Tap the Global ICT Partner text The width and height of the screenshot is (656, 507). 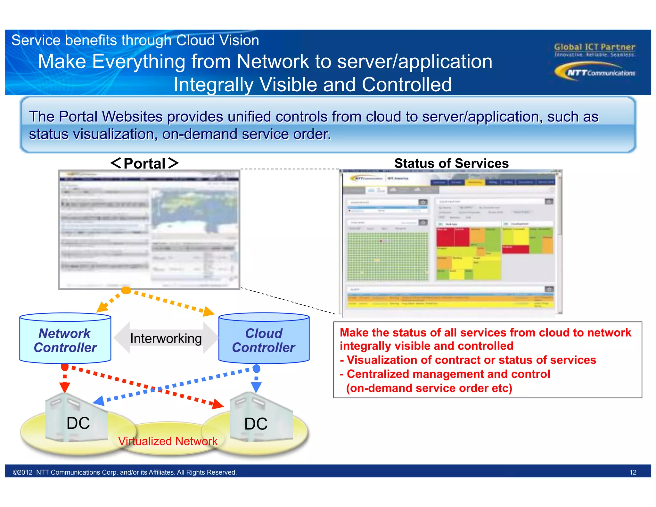tap(594, 47)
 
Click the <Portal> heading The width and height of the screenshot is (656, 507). tap(144, 163)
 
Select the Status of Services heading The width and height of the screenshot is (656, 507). tap(451, 163)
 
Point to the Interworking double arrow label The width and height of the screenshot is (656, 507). tap(166, 338)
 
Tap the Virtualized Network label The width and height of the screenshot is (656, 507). tap(168, 441)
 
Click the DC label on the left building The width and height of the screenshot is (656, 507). tap(78, 423)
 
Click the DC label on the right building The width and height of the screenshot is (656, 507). tap(256, 424)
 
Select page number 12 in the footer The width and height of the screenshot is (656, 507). tap(633, 472)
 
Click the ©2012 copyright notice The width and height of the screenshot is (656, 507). tap(125, 472)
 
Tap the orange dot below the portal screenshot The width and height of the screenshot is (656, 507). tap(126, 290)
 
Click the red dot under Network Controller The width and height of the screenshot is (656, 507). tap(65, 367)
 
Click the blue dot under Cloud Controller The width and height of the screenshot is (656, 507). tap(256, 369)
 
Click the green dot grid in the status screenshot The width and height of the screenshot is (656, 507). tap(388, 256)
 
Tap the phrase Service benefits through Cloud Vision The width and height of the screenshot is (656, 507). tap(135, 40)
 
